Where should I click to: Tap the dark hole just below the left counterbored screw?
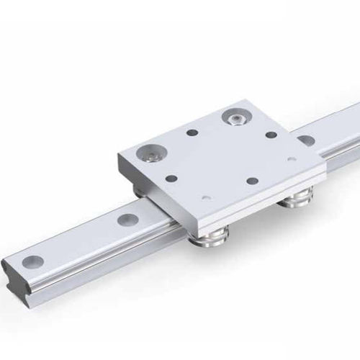coord(171,176)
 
